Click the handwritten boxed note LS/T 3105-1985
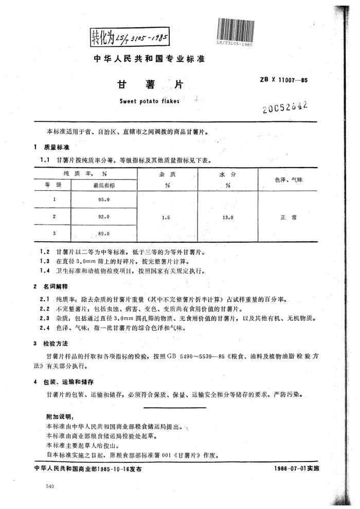(130, 36)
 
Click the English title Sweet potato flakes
(149, 101)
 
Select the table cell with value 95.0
(104, 198)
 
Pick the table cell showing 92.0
(104, 216)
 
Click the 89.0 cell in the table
(104, 234)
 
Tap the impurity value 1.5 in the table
(166, 217)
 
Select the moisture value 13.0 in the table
(227, 217)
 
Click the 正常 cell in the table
(288, 217)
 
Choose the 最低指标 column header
(104, 185)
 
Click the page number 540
(50, 486)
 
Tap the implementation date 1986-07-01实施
(297, 469)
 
